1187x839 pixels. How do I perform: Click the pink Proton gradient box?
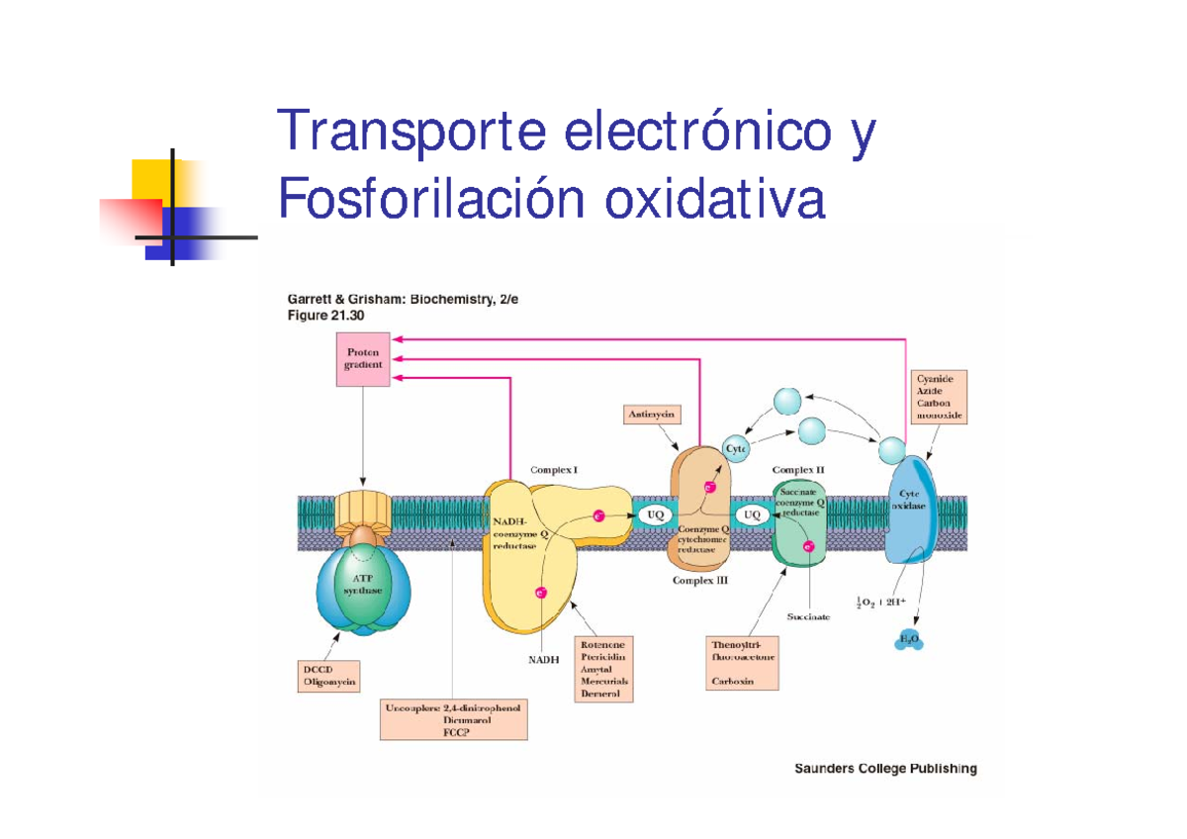[363, 358]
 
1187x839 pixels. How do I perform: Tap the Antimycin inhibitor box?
[651, 415]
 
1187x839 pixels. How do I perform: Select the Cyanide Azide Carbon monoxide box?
[938, 397]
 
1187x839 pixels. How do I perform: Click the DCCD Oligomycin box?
[329, 675]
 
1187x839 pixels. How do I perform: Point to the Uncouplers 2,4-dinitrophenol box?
[454, 720]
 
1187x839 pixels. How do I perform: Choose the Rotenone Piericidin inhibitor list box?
[603, 669]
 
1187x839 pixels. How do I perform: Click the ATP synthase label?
[363, 584]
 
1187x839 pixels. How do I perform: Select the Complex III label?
[700, 581]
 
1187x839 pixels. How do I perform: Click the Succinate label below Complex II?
[808, 616]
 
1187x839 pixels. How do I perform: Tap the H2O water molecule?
[908, 640]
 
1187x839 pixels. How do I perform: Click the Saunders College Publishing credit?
[885, 769]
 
